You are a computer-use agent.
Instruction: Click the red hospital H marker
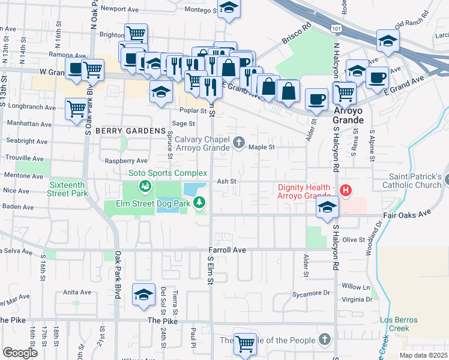pos(346,190)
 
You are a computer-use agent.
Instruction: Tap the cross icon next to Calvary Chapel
pos(240,142)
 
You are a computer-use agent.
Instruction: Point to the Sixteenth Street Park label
pos(68,189)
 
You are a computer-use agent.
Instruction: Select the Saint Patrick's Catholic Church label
pos(415,181)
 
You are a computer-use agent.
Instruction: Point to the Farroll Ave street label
pos(228,249)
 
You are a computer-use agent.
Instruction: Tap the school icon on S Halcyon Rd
pos(327,207)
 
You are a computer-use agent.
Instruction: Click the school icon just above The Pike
pos(143,294)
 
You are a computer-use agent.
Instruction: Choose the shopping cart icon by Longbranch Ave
pos(76,109)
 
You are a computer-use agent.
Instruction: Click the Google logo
pos(20,352)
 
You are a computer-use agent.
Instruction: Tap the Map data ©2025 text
pos(423,355)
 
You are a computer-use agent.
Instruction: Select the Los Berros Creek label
pos(403,324)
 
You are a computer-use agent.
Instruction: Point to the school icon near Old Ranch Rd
pos(388,41)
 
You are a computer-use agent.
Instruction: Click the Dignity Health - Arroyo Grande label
pos(306,191)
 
